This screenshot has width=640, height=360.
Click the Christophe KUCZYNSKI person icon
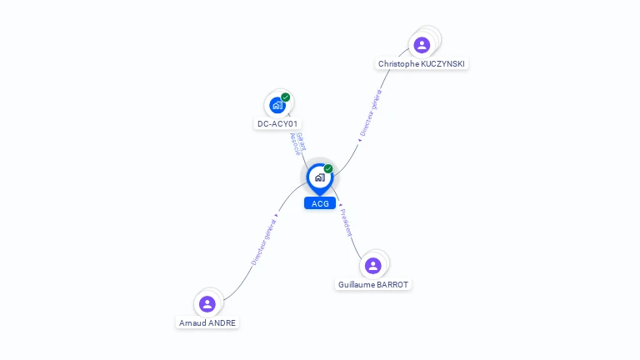tap(422, 44)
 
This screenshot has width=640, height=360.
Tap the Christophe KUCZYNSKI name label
tap(422, 63)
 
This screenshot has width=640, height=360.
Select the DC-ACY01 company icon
tap(277, 106)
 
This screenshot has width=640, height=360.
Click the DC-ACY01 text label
tap(277, 123)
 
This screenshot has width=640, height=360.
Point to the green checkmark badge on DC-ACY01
tap(286, 97)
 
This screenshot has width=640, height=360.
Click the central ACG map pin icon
tap(319, 177)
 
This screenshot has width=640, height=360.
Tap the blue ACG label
tap(320, 203)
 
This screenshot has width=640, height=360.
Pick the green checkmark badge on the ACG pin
tap(328, 169)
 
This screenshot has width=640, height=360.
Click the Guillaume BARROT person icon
tap(373, 265)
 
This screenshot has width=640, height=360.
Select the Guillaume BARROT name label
tap(373, 284)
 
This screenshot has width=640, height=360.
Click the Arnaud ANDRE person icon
tap(207, 303)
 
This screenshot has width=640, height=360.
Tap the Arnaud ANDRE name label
tap(207, 322)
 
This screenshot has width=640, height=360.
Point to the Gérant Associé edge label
tap(297, 144)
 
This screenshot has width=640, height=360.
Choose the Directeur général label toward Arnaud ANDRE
tap(263, 242)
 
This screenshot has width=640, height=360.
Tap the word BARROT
tap(393, 284)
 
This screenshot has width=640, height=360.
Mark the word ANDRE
tap(223, 322)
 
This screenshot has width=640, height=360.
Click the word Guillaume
tap(357, 284)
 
